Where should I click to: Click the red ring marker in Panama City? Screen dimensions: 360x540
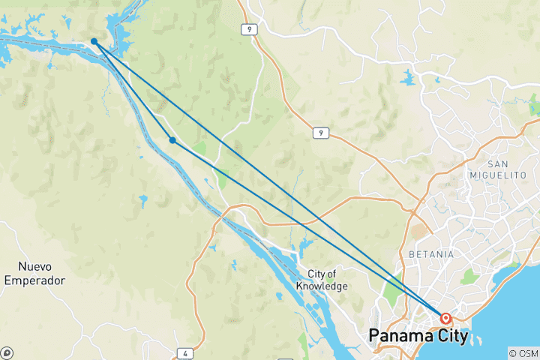point(445,318)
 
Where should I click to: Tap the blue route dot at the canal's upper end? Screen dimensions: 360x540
point(94,41)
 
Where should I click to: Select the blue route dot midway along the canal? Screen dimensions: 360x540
point(172,140)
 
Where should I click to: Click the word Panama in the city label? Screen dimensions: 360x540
point(401,336)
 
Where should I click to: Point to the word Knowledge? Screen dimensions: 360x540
point(322,286)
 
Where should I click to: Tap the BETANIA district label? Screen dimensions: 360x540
point(430,254)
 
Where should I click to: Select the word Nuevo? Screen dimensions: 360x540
point(34,266)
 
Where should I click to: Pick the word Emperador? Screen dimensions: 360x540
point(34,280)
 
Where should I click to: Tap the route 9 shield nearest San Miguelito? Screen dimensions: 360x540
point(320,133)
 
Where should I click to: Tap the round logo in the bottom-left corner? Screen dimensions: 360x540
point(7,352)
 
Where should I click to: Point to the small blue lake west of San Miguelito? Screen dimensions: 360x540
point(408,77)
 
